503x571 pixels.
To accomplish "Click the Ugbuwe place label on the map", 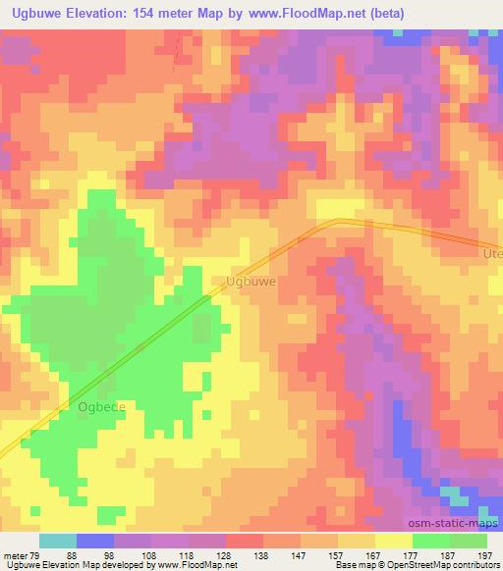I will coord(250,281).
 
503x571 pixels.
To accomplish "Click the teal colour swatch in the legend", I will coord(58,541).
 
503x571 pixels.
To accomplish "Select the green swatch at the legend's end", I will coord(469,541).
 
